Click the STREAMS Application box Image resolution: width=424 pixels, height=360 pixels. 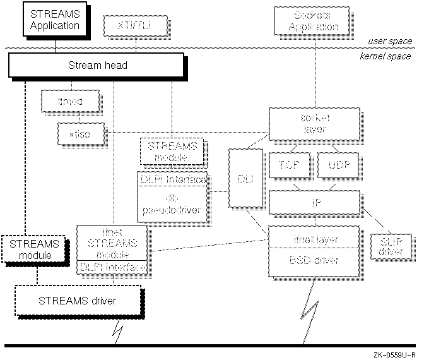click(x=55, y=20)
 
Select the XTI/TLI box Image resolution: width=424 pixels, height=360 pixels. click(x=130, y=26)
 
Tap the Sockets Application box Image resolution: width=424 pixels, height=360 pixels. click(x=315, y=21)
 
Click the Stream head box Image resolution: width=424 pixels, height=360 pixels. click(x=97, y=65)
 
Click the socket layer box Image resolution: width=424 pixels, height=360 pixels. click(x=314, y=123)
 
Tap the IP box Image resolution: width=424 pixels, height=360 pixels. click(x=314, y=203)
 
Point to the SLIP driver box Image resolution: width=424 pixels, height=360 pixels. click(x=389, y=245)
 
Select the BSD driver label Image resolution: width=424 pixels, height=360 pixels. click(x=314, y=260)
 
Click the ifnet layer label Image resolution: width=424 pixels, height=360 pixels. click(x=314, y=239)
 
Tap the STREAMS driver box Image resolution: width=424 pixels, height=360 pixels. click(x=78, y=301)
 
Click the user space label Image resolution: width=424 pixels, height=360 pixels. click(x=389, y=41)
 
